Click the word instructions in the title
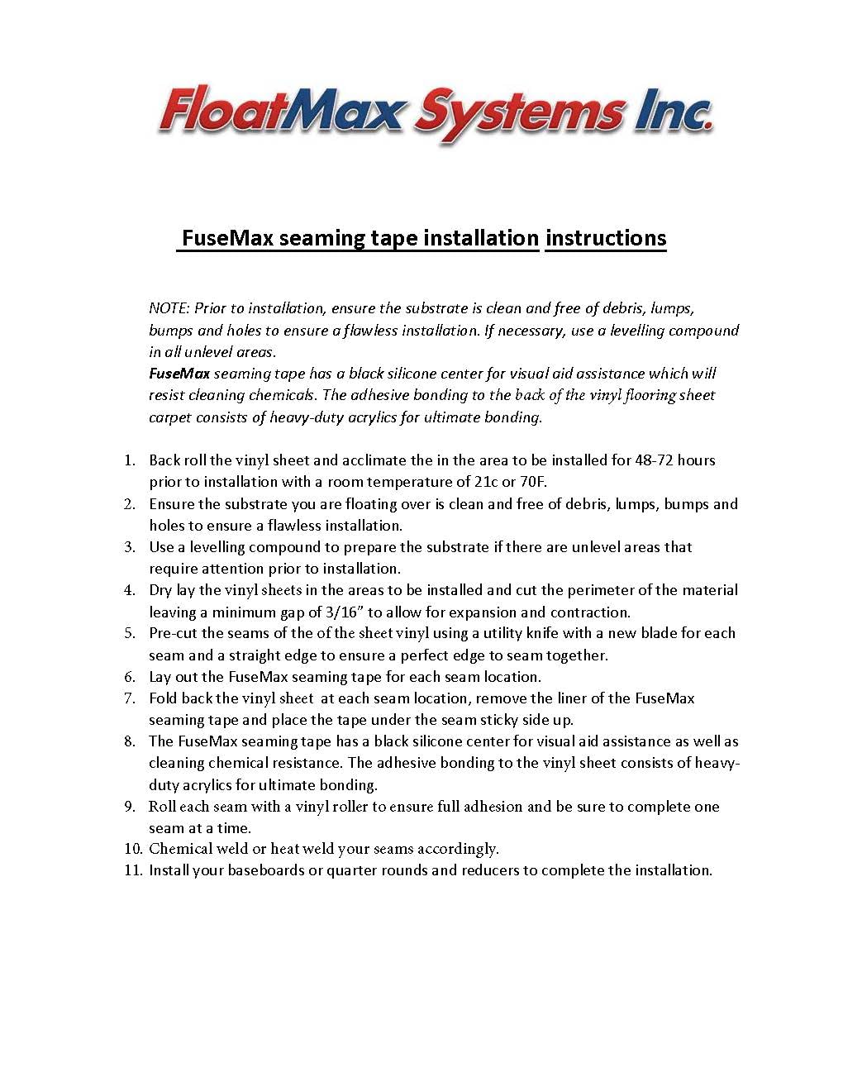(606, 238)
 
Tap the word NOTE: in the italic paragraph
(169, 308)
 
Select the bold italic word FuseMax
(179, 374)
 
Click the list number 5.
(130, 633)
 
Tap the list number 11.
(132, 870)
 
